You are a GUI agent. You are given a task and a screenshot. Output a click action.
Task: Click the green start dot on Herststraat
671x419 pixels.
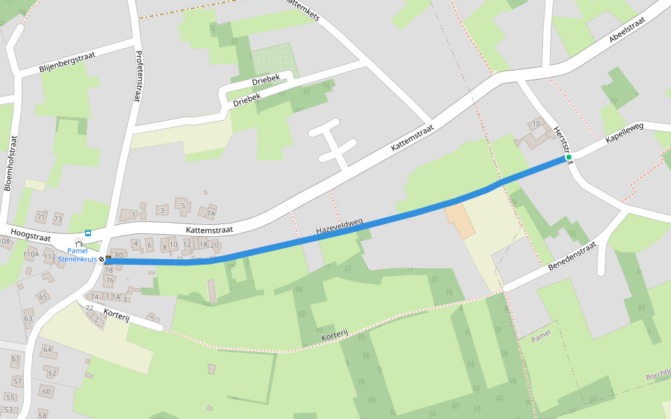(569, 158)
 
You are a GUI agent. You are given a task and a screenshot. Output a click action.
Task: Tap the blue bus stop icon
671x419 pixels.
(88, 233)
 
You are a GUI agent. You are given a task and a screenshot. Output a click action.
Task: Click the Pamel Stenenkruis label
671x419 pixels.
(77, 255)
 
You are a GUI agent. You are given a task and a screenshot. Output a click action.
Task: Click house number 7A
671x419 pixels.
(210, 212)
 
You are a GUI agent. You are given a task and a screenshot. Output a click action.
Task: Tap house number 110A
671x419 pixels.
(31, 255)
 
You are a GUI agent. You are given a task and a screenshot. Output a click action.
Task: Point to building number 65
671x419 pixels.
(43, 297)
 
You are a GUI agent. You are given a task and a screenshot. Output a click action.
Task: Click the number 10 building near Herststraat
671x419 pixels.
(536, 124)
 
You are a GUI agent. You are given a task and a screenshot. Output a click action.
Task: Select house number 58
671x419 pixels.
(43, 415)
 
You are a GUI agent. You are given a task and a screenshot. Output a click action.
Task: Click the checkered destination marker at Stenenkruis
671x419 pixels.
(101, 259)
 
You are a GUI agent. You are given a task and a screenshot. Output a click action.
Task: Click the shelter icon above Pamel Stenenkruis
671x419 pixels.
(78, 244)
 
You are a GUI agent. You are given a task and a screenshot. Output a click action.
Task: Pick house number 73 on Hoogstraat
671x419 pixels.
(57, 219)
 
